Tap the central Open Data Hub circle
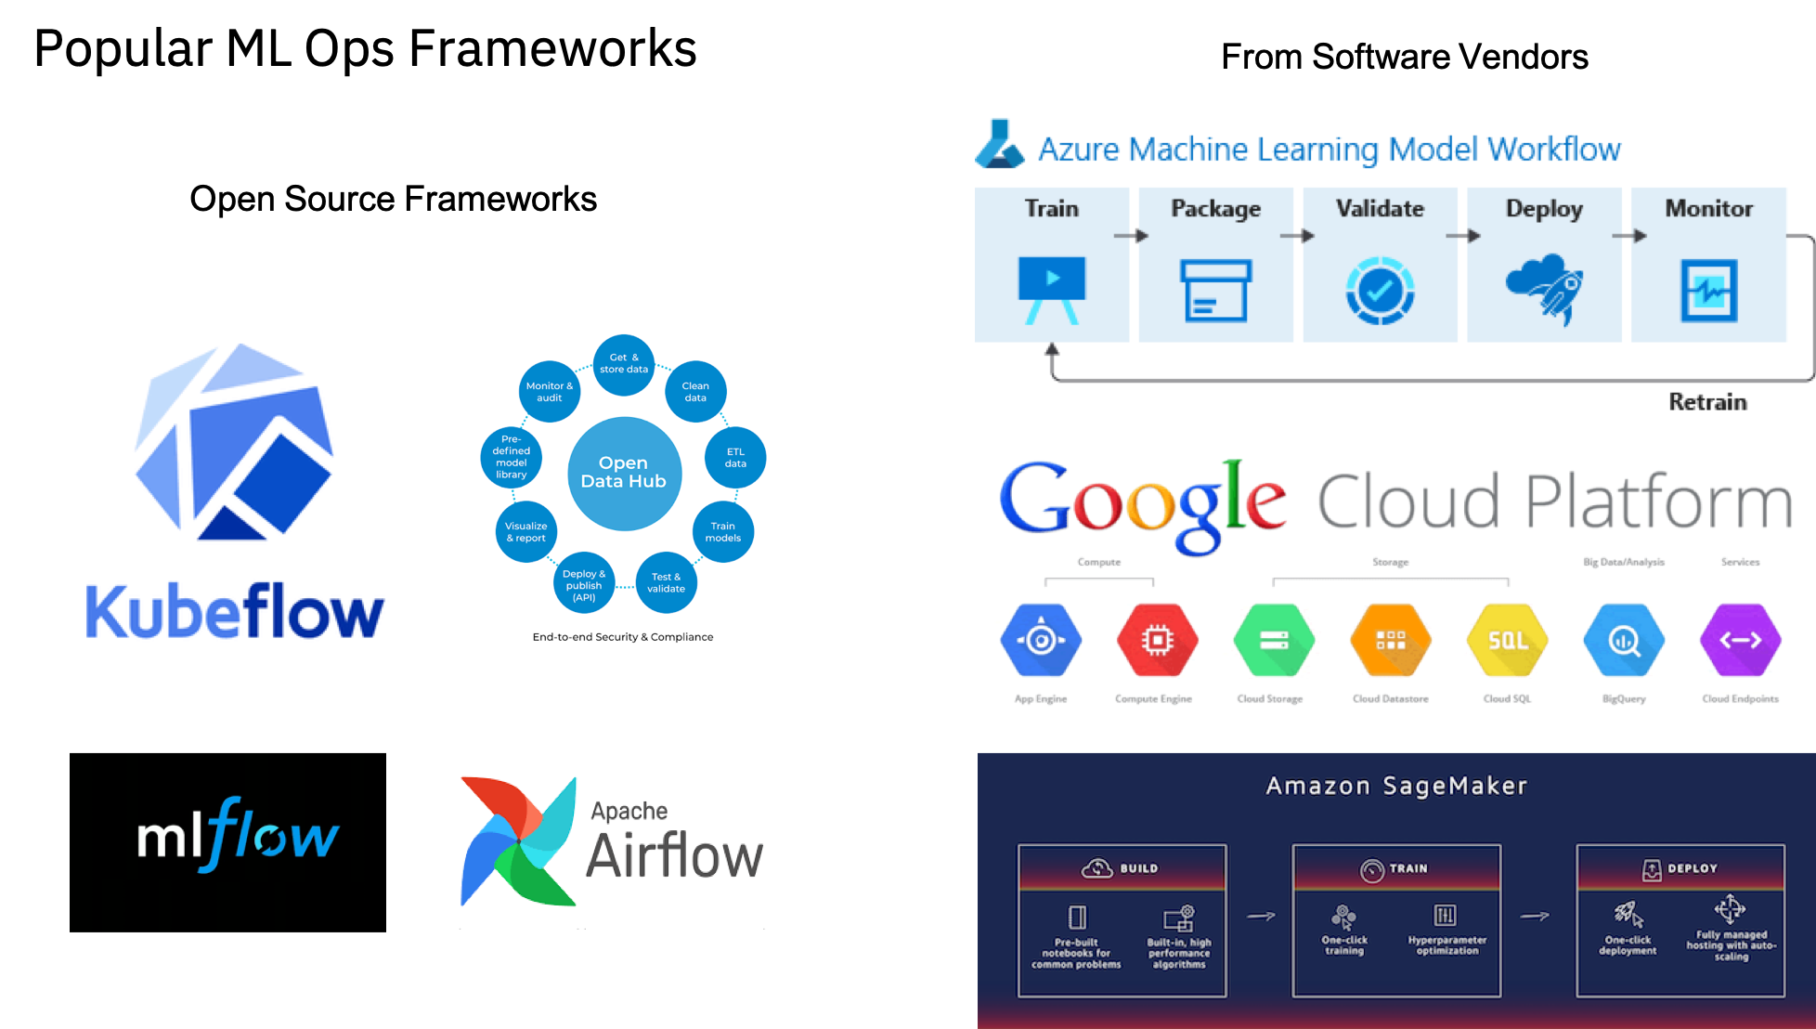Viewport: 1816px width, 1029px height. point(624,473)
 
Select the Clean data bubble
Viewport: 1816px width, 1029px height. point(695,391)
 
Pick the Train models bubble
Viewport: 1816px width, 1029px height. point(722,532)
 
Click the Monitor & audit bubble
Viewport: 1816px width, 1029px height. point(550,391)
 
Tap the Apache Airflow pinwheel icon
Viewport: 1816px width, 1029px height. point(518,840)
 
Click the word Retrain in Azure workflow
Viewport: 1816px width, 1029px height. point(1707,402)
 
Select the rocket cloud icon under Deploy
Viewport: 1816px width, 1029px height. point(1545,288)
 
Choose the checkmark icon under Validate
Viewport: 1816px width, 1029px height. point(1380,291)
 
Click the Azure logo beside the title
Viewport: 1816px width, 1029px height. point(1000,145)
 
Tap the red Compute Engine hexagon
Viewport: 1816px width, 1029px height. point(1157,641)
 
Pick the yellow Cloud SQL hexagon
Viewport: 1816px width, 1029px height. point(1507,641)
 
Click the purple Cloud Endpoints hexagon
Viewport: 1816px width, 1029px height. point(1740,641)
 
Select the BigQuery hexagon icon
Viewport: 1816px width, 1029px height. point(1623,641)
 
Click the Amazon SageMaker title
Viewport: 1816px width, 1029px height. point(1396,786)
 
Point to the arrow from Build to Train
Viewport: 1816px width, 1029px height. point(1261,916)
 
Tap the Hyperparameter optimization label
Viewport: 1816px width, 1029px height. point(1446,945)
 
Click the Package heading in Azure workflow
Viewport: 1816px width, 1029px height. point(1215,209)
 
